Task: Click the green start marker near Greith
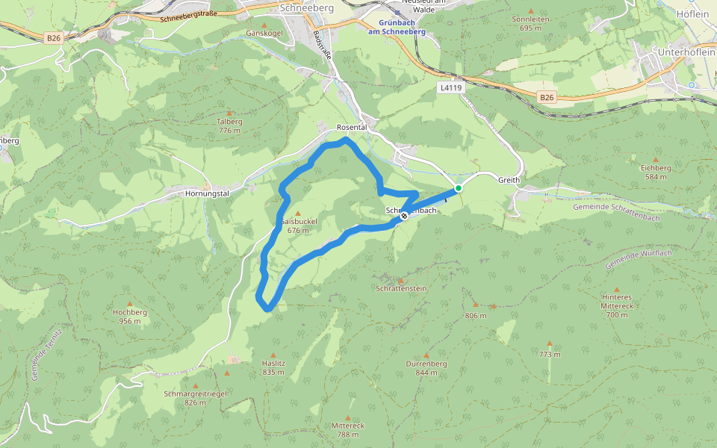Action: tap(459, 188)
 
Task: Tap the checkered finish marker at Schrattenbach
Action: tap(404, 216)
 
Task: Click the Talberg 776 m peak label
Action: tap(229, 125)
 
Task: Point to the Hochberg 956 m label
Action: tap(129, 317)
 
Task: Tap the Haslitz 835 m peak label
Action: tap(273, 367)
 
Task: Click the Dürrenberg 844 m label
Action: tap(426, 367)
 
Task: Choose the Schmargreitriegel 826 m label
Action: tap(194, 397)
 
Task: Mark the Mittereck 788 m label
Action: tap(347, 429)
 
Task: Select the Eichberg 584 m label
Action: tap(656, 172)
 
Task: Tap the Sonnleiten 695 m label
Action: tap(530, 23)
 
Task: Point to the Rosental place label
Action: tap(352, 128)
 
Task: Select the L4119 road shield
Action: tap(450, 87)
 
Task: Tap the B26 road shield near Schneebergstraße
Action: tap(53, 37)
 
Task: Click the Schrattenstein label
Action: tap(401, 287)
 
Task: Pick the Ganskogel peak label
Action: tap(264, 34)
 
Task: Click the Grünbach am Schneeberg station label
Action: tap(397, 28)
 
